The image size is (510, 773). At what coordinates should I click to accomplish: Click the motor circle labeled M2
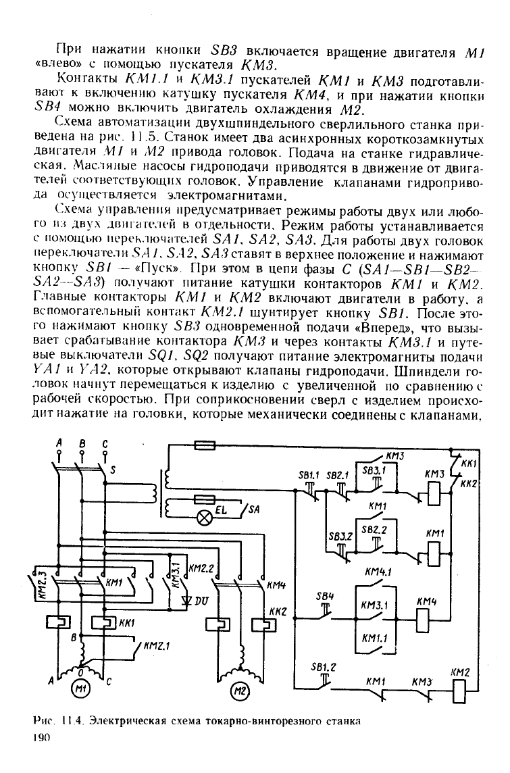point(239,691)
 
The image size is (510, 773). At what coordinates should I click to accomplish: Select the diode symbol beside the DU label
point(186,600)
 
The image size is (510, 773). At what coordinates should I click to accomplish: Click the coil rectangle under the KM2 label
point(459,690)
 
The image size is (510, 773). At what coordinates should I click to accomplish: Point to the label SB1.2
point(324,668)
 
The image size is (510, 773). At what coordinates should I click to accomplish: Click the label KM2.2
point(201,568)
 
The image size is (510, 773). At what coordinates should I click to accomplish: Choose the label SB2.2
point(374,530)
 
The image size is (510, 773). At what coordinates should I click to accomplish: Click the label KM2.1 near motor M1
point(157,645)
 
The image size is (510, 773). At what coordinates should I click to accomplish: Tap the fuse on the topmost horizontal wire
point(203,445)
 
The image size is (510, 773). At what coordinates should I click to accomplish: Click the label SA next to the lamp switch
point(254,509)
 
